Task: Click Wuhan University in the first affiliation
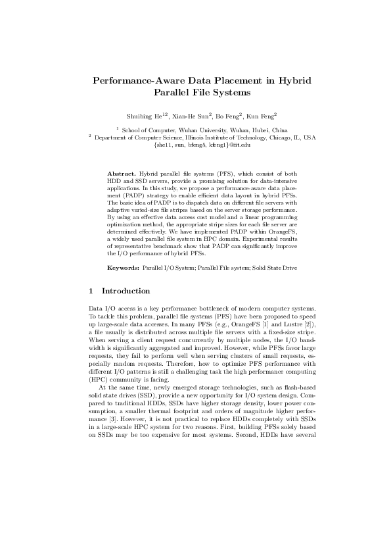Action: point(191,130)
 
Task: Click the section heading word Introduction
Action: point(126,291)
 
